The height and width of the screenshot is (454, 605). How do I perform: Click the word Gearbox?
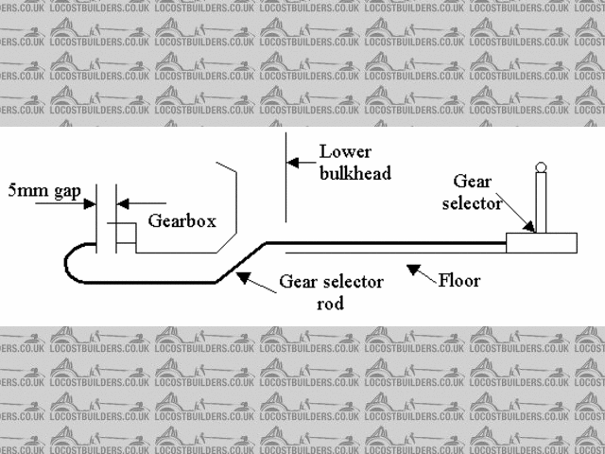[x=182, y=221]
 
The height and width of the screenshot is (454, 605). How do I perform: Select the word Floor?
[x=459, y=280]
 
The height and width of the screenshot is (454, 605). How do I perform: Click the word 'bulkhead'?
[x=354, y=173]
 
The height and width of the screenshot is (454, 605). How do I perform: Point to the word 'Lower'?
[x=345, y=151]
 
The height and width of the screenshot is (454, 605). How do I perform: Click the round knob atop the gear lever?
[x=541, y=168]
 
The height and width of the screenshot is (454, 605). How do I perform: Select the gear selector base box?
[x=541, y=242]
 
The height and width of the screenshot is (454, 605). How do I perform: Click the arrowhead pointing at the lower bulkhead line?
[x=294, y=163]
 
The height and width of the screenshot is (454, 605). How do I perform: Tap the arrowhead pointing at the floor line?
[x=413, y=271]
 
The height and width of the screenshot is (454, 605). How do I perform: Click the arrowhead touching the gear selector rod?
[x=243, y=276]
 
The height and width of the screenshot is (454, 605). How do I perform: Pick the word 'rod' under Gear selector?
[x=330, y=304]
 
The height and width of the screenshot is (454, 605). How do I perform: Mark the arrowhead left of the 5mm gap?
[x=91, y=201]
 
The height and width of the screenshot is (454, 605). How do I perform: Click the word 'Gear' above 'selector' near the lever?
[x=472, y=181]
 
